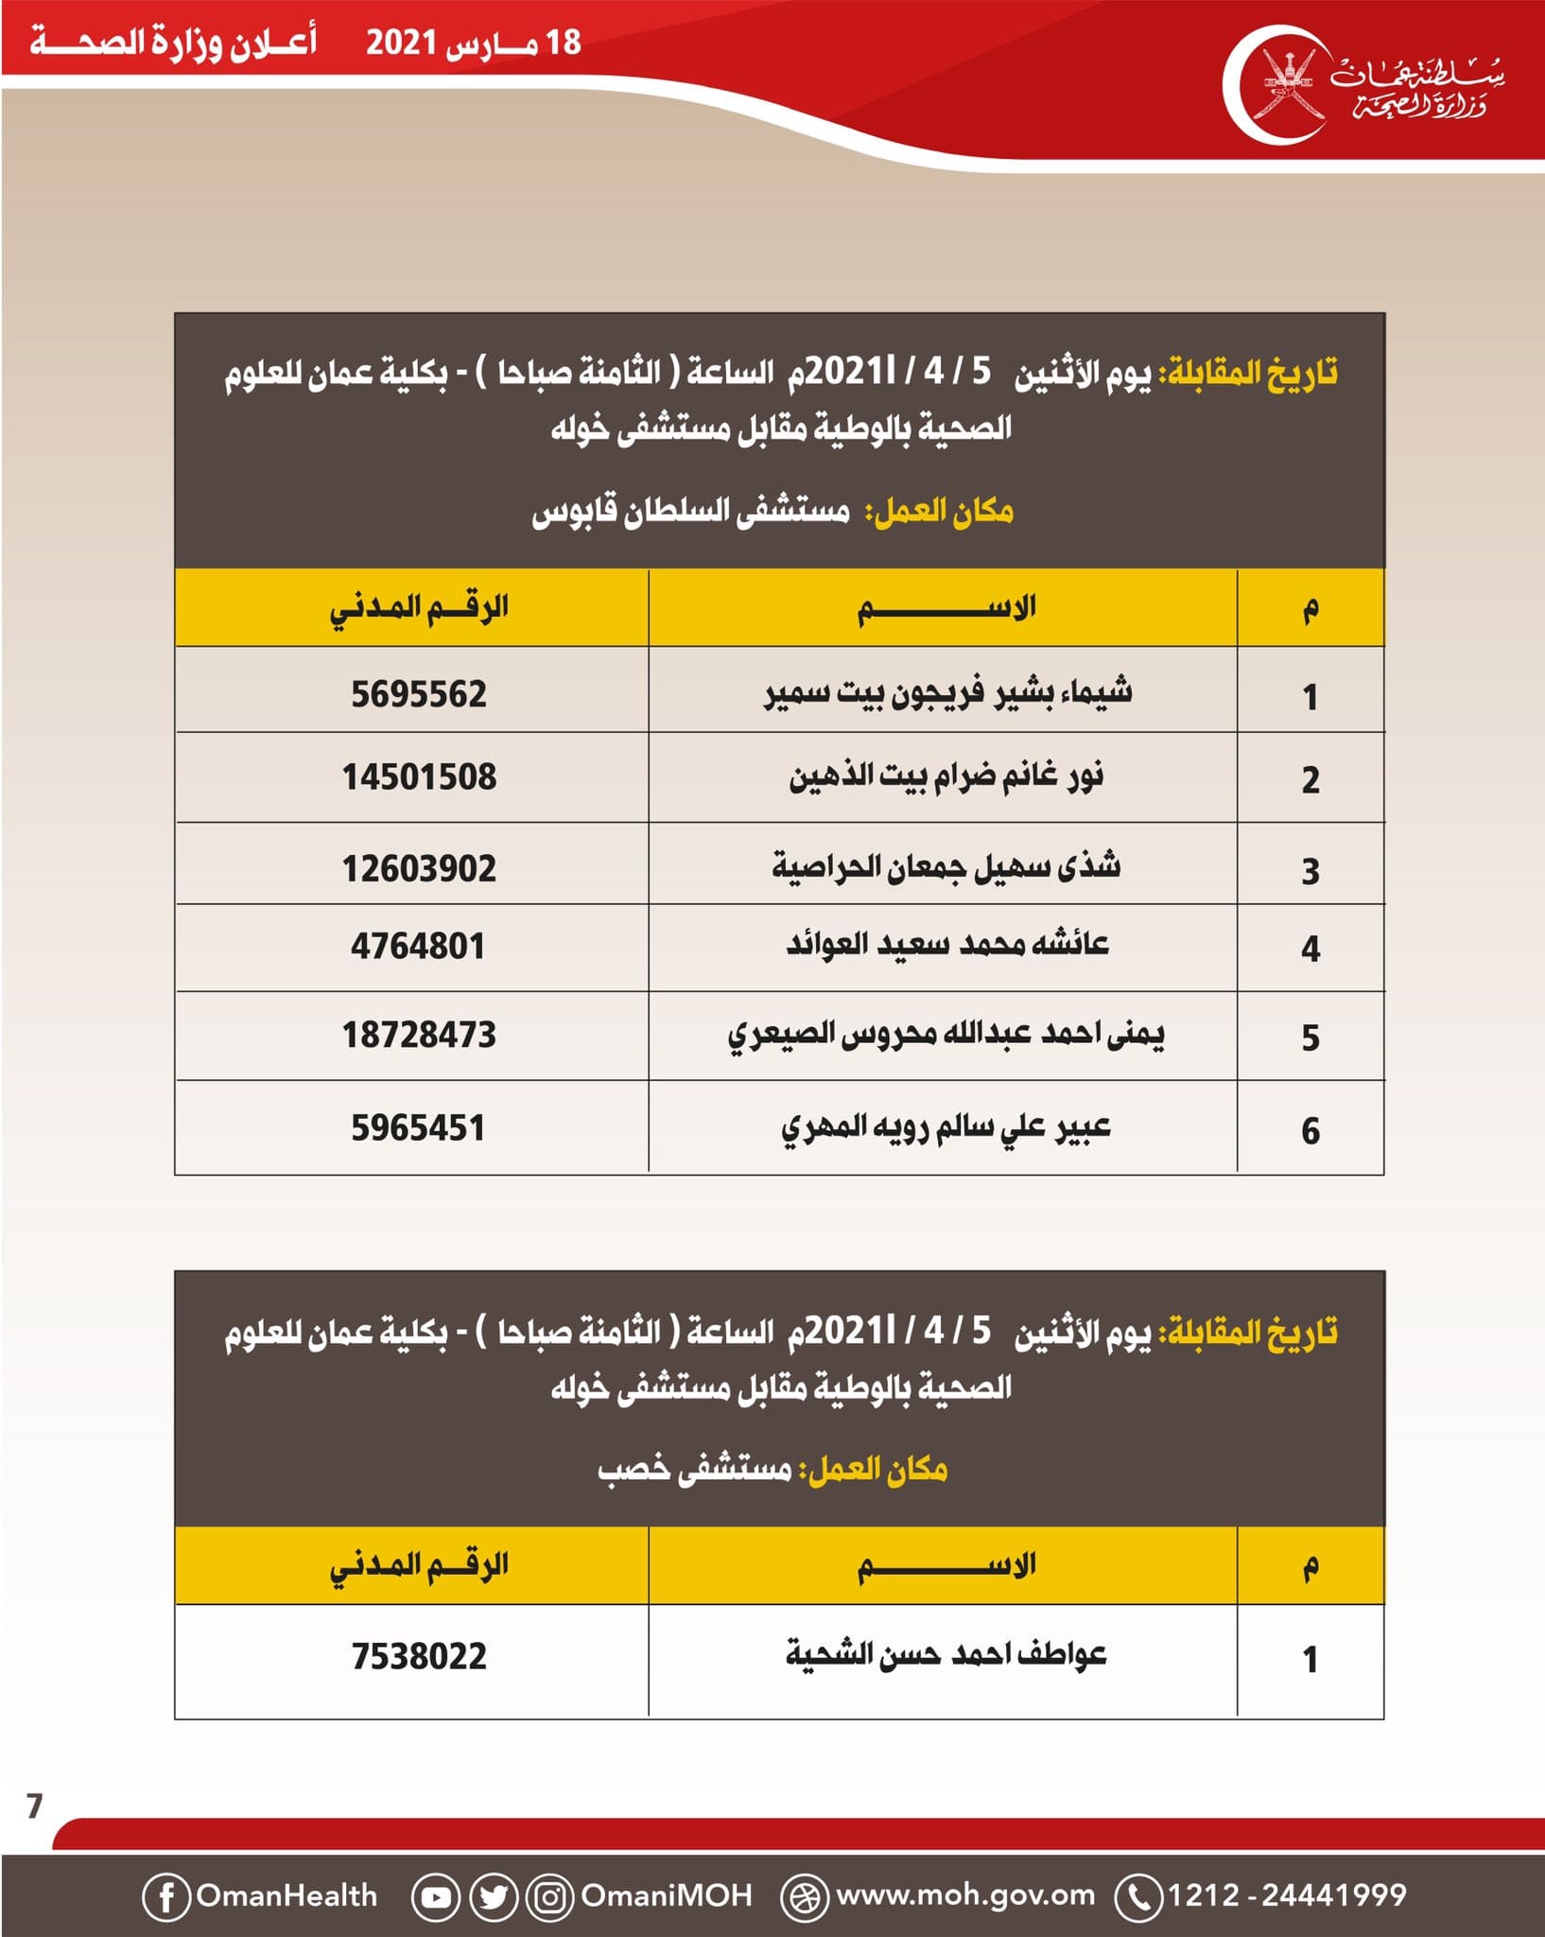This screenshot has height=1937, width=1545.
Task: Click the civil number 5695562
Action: click(x=419, y=694)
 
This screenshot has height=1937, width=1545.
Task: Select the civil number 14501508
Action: click(x=419, y=777)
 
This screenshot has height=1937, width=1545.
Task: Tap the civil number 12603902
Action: click(x=419, y=868)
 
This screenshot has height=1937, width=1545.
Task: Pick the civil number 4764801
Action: click(x=418, y=946)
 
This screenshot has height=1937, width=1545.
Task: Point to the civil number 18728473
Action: click(x=419, y=1035)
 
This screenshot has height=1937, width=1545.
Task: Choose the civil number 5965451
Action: click(x=418, y=1127)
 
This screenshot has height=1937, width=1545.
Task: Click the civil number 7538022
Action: click(x=419, y=1656)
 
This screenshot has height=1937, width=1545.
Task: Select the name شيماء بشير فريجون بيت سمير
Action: click(x=947, y=692)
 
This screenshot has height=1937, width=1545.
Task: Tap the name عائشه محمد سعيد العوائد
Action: click(x=947, y=944)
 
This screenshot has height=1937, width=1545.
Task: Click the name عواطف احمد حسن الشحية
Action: click(x=946, y=1654)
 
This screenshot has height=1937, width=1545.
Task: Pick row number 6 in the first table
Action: click(x=1310, y=1130)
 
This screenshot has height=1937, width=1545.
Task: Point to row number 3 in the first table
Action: click(x=1310, y=871)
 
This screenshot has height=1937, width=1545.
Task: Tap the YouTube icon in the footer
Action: click(x=436, y=1896)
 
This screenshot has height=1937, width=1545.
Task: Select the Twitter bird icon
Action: click(x=494, y=1896)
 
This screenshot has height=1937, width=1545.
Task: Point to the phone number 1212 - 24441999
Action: click(x=1287, y=1895)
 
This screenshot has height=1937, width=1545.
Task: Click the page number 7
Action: click(x=35, y=1806)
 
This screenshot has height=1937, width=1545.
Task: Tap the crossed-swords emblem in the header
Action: click(x=1290, y=84)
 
